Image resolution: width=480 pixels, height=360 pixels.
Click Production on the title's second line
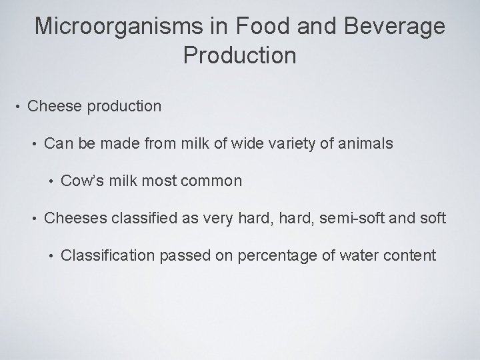pos(239,55)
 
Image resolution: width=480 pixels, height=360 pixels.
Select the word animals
pos(365,143)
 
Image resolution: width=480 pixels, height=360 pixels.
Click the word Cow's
pos(82,181)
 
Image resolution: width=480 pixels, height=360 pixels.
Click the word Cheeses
pos(71,217)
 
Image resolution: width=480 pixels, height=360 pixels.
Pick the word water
pos(353,255)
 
